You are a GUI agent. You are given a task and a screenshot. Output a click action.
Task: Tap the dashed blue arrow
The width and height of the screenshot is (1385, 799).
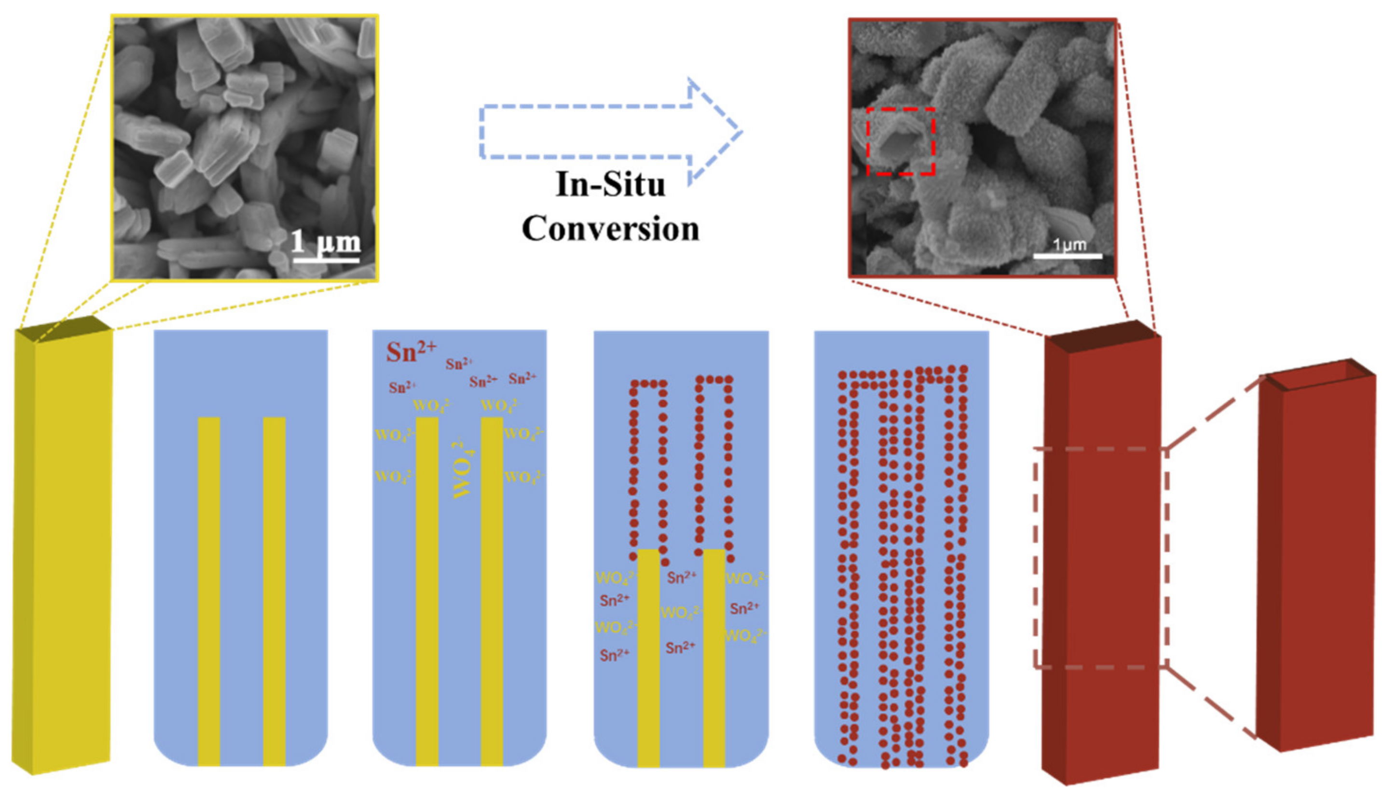point(609,132)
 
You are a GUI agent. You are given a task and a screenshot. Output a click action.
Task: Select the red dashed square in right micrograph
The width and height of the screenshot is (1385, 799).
point(900,141)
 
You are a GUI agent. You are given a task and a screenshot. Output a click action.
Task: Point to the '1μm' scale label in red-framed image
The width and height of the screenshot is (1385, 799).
point(1069,244)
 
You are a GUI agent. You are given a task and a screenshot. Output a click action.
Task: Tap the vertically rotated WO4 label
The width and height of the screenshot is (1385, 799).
point(463,468)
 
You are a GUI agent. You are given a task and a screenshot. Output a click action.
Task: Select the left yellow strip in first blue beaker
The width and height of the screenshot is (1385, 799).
point(208,591)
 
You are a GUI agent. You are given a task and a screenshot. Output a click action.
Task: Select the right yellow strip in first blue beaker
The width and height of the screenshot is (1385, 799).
point(274,591)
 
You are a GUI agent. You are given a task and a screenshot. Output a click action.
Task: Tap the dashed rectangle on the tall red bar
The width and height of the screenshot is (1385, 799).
point(1100,558)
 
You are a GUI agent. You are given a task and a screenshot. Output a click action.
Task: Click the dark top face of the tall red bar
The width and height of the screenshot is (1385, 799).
point(1101,334)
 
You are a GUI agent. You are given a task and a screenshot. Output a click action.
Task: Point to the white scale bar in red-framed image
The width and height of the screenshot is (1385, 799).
point(1068,256)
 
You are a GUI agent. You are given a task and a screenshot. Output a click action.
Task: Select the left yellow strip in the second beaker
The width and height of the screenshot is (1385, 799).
point(427,591)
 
